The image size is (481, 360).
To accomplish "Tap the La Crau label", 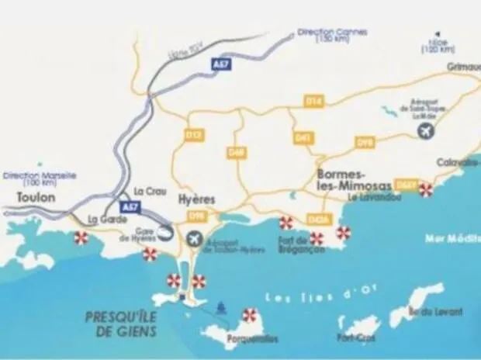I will (147, 191).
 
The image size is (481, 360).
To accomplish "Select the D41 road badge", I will (303, 138).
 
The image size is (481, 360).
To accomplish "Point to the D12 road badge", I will (195, 135).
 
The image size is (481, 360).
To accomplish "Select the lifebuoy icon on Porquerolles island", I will (249, 314).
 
